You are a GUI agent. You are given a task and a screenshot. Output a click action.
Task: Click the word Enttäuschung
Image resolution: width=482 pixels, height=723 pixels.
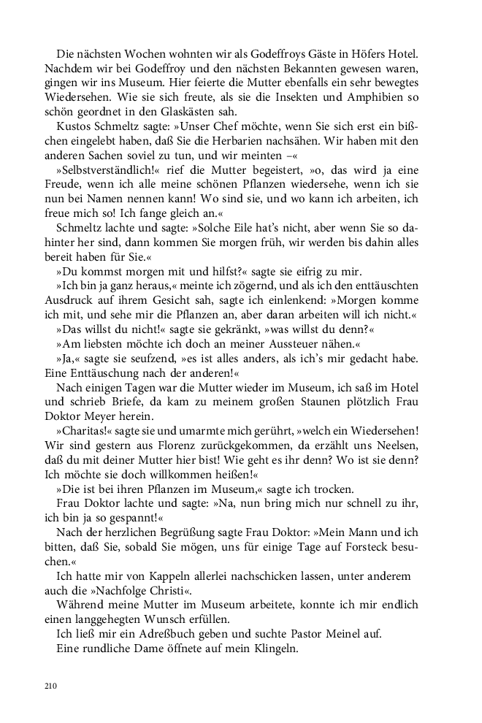(88, 372)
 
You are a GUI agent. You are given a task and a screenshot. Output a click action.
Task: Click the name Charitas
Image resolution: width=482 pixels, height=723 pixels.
(88, 430)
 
